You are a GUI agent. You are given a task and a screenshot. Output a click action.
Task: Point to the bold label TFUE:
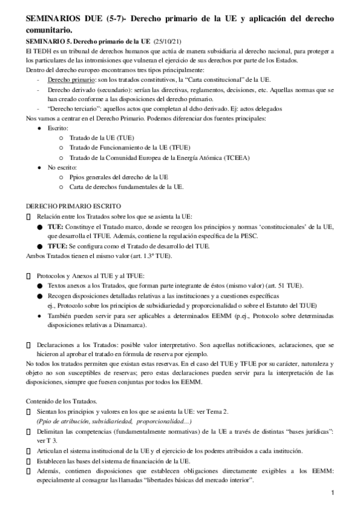(58, 246)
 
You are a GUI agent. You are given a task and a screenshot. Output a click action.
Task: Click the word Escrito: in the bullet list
(59, 128)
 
